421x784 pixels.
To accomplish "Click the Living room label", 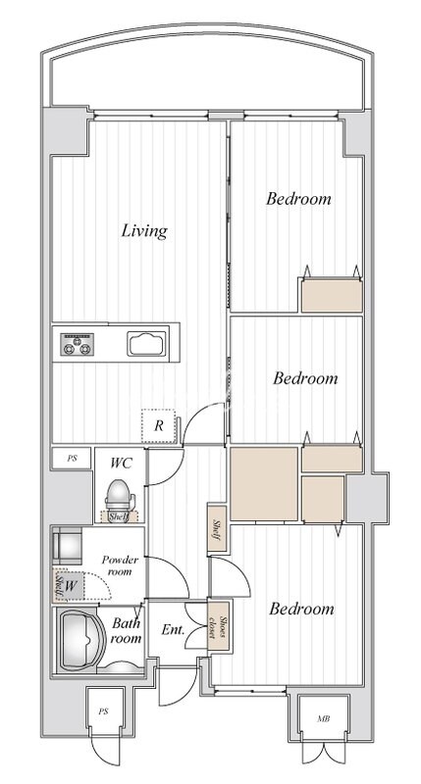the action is coord(144,231).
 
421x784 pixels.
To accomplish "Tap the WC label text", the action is coord(121,463).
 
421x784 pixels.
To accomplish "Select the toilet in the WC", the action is coord(119,497).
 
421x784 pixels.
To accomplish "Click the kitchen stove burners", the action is coord(78,344).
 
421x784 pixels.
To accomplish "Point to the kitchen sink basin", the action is coord(146,344).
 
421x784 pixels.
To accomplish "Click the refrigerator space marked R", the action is coord(159,426).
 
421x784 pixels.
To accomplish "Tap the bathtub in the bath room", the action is coord(82,640).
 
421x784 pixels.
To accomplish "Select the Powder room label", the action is coord(120,565).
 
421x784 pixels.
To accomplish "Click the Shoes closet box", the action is coord(219,626).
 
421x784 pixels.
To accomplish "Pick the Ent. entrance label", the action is coord(173,629).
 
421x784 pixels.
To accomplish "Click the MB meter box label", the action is coord(324,719).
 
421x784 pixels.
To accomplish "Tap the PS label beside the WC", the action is coord(73,458).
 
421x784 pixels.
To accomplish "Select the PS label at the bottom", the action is coord(104,711).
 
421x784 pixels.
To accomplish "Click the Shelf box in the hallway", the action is coord(217,529).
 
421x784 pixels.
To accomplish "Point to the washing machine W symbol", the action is coord(71,586).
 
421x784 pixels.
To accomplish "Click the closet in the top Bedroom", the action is coord(332,295).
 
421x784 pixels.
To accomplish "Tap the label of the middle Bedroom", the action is coord(305,378).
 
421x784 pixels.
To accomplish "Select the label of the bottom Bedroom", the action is coord(301,609).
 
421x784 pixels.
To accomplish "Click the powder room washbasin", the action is coord(67,546).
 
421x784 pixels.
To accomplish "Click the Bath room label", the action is coord(127,630).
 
